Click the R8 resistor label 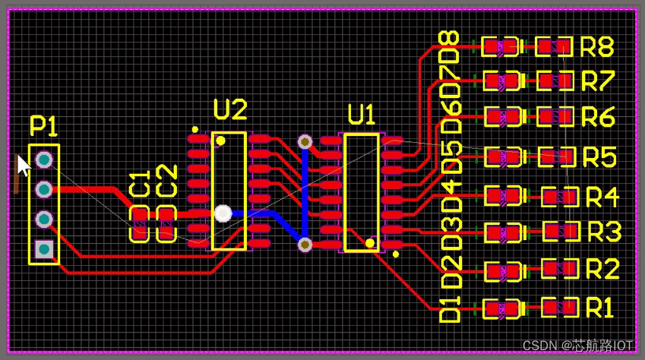597,47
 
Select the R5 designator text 599,157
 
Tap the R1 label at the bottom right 599,308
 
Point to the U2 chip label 230,111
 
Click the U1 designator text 362,115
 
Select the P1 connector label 44,126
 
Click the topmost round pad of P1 44,159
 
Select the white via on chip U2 223,213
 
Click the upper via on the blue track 305,141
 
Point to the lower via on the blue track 305,244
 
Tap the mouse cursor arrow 24,165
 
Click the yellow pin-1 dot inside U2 220,141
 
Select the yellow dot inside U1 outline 369,243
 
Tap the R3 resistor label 604,230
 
